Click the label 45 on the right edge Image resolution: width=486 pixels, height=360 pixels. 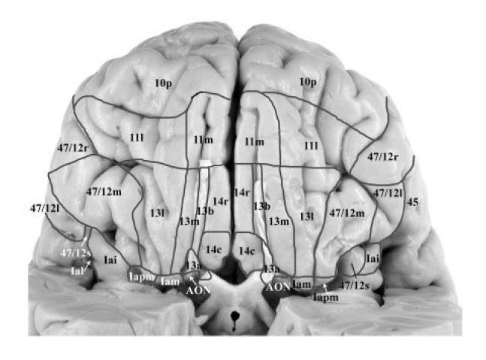click(412, 202)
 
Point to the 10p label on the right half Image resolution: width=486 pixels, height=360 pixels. click(307, 80)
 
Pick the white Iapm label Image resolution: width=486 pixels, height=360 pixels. click(140, 277)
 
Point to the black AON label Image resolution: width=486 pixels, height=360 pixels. click(278, 286)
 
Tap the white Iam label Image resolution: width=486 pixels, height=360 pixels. click(169, 280)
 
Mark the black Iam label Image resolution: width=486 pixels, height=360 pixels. click(301, 285)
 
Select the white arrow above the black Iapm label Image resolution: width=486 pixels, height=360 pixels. click(325, 286)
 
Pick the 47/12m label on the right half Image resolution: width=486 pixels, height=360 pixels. click(347, 213)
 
